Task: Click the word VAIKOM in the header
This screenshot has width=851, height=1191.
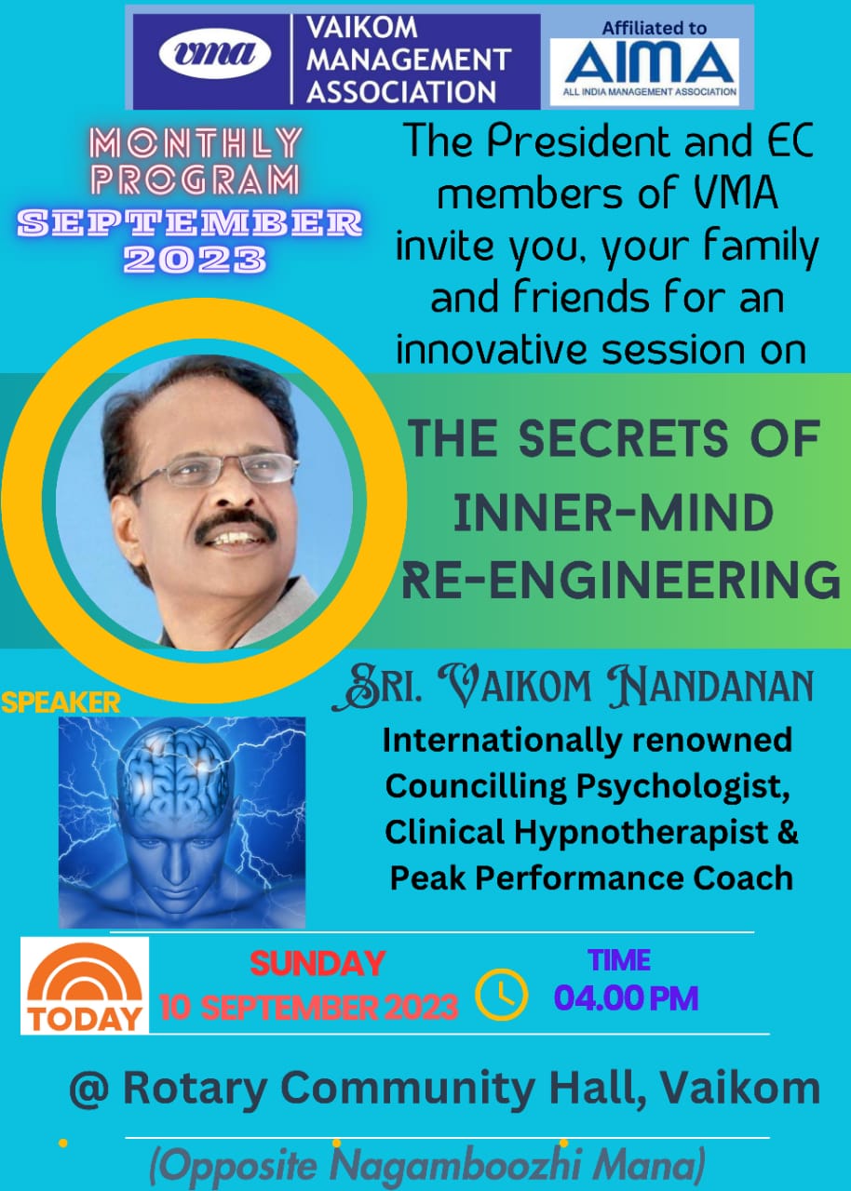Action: pos(361,28)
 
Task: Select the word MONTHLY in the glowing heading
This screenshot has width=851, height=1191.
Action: pos(196,142)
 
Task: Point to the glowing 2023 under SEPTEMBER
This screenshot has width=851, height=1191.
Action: pos(195,260)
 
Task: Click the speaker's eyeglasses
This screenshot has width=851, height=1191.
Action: pos(212,471)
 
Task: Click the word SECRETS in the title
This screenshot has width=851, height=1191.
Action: pos(623,438)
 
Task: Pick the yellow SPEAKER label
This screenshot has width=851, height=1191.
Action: pos(61,703)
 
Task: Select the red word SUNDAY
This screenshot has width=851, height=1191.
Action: pos(317,963)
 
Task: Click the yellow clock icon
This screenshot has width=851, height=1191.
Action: pos(501,995)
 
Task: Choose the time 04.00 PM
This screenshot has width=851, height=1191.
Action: pos(626,998)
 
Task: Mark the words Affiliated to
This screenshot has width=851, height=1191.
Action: pos(654,28)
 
